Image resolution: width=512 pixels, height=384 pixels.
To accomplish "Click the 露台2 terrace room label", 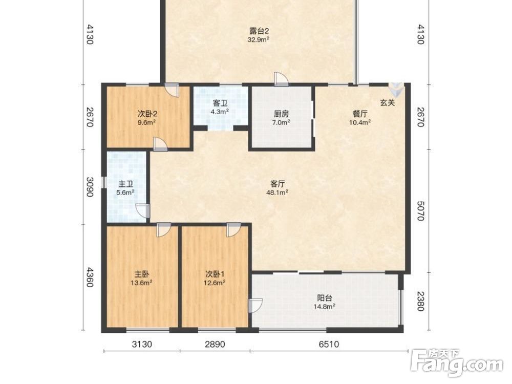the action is [259, 31].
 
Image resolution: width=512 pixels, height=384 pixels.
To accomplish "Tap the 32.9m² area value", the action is [258, 40].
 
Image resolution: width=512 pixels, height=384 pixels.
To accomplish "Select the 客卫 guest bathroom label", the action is [220, 103].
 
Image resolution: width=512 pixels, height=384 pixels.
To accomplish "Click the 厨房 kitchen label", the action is [281, 114].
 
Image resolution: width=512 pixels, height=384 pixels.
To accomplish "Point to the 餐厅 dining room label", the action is [360, 114].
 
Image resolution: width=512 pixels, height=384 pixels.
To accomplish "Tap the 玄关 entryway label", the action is [388, 102].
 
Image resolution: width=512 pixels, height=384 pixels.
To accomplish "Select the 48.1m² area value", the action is [277, 193].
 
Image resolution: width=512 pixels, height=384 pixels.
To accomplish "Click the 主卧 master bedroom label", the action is [142, 274].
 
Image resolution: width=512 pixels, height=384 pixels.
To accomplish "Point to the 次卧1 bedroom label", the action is [215, 274].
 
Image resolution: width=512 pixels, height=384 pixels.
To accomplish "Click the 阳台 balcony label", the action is [325, 298].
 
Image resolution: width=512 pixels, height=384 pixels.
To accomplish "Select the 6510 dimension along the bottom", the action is [329, 344].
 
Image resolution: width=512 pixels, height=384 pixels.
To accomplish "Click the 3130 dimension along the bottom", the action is [142, 344].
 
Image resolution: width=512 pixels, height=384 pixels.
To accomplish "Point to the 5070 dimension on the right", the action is [420, 210].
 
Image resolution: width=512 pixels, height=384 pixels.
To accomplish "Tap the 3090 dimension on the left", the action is [90, 187].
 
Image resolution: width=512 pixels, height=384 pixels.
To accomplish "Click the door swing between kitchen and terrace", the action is [281, 79].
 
